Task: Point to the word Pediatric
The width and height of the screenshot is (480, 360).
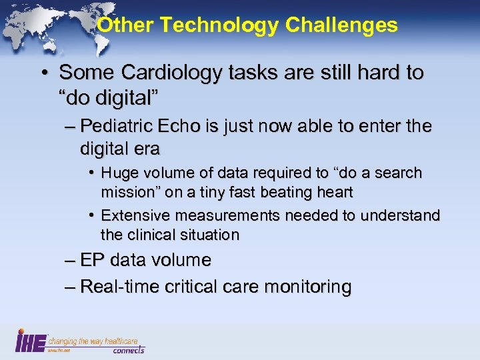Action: [x=137, y=126]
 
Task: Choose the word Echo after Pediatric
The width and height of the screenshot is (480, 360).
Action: [x=201, y=126]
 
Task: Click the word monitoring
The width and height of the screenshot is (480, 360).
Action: [x=308, y=287]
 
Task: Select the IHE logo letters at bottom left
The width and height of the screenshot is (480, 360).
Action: [x=31, y=341]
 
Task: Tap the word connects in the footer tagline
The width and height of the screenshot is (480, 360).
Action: [x=128, y=350]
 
